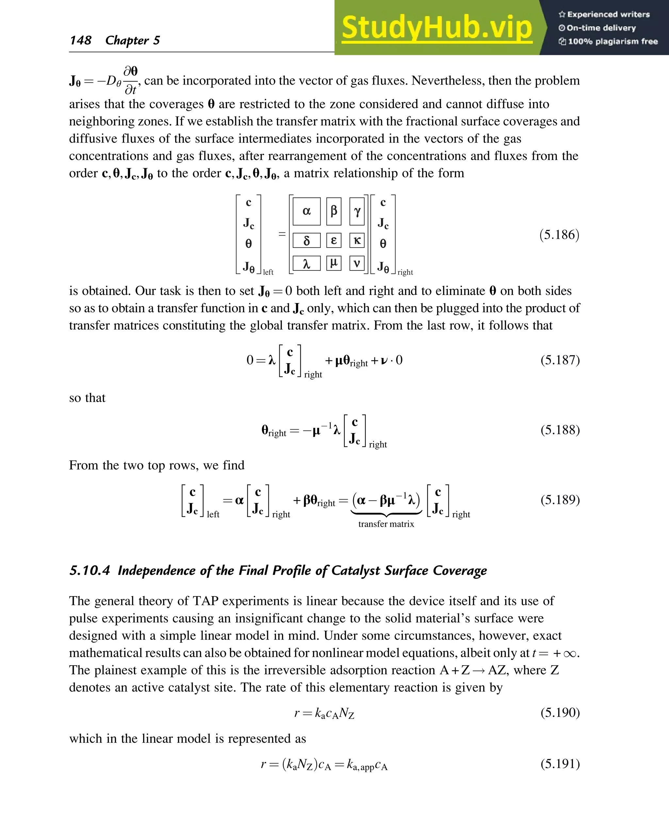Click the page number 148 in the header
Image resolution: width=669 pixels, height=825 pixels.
81,40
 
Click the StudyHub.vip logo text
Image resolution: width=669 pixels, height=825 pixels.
437,28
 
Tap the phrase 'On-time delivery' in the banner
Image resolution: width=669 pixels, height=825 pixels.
601,28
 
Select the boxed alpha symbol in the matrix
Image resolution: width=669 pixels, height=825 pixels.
306,211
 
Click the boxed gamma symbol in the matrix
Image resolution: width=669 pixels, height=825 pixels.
357,211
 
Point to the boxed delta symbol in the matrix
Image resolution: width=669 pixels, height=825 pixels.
306,241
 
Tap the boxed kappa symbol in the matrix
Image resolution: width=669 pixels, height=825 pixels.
357,240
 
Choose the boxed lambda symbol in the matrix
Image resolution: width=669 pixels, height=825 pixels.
306,264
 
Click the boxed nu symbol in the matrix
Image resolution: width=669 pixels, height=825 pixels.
357,263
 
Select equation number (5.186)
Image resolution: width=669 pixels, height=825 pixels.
559,235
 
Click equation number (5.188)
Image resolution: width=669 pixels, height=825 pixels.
560,430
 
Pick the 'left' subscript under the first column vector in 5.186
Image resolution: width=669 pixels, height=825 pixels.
268,272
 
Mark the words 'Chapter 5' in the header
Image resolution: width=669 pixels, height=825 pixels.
133,40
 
